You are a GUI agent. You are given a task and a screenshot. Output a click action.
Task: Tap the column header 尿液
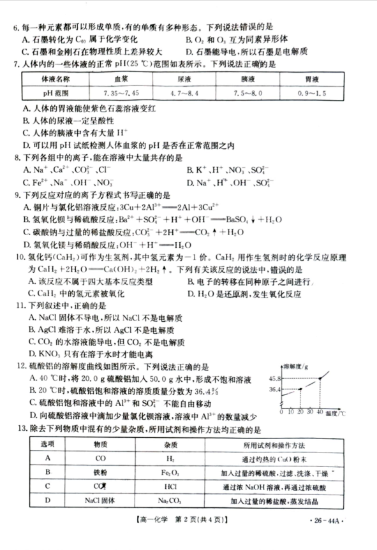coord(182,80)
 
